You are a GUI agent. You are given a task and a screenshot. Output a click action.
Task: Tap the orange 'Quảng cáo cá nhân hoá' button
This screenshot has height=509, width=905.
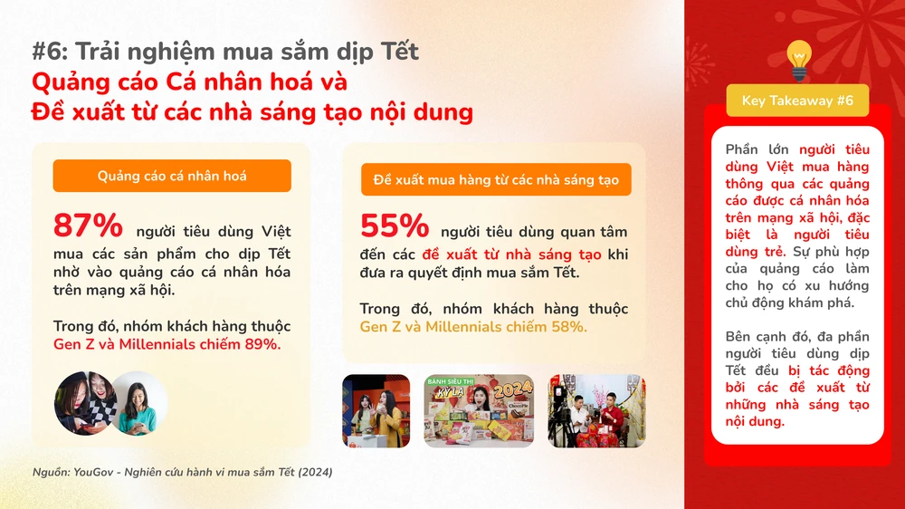pos(172,176)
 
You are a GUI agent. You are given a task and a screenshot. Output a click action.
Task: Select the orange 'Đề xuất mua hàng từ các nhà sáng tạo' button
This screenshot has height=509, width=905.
pos(496,179)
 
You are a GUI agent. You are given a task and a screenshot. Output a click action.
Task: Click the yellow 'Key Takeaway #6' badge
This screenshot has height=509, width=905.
pos(797,101)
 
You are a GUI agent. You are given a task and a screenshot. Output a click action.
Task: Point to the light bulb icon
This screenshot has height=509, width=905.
pos(797,59)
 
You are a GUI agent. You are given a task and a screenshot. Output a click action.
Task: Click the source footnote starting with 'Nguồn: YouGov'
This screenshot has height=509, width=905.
pos(182,472)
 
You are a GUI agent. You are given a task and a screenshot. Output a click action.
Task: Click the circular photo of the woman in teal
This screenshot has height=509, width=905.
pos(138,402)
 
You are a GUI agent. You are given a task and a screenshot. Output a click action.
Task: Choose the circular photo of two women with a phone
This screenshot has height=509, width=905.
pos(86,402)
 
